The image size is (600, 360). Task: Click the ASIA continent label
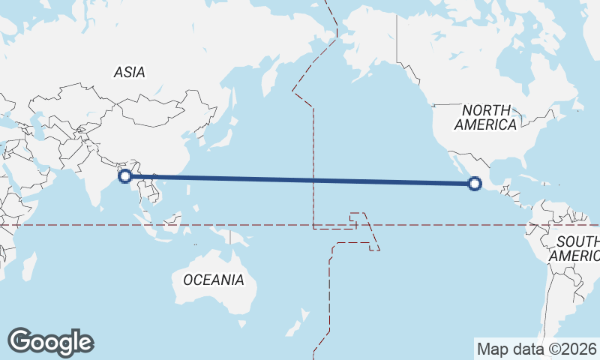tap(129, 73)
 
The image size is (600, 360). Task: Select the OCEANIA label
tap(214, 280)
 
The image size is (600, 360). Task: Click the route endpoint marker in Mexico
tap(474, 183)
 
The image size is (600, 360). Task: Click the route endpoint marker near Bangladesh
tap(125, 176)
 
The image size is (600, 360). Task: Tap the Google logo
tap(50, 342)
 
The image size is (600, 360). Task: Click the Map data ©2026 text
tap(536, 349)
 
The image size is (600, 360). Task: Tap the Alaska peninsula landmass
tap(367, 56)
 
